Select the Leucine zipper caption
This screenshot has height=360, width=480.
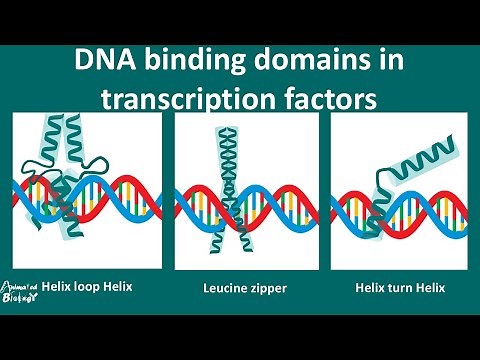click(247, 289)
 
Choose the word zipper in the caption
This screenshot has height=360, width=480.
click(269, 289)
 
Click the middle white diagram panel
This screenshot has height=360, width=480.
click(246, 190)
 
